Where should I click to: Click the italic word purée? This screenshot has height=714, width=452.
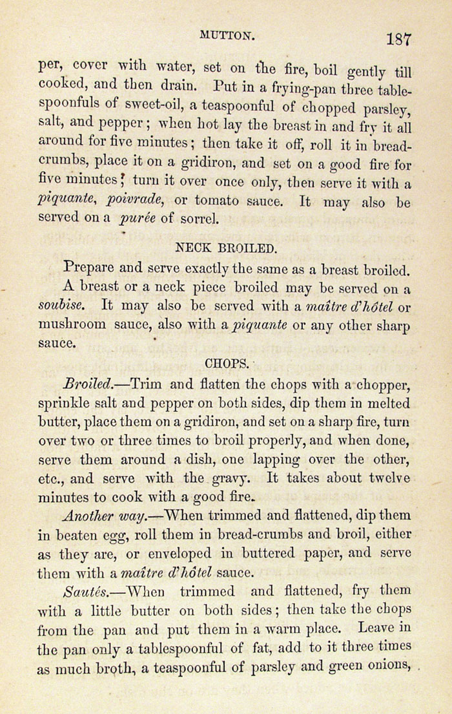pyautogui.click(x=138, y=220)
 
